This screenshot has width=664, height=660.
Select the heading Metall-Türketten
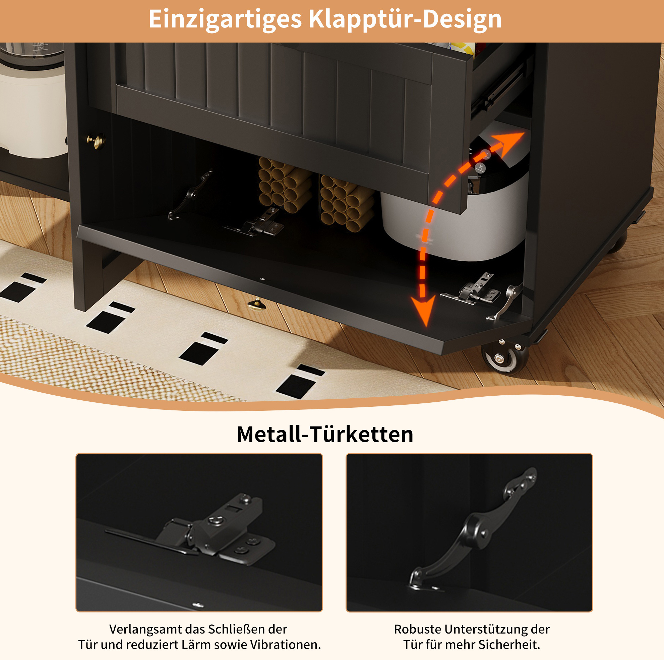click(325, 434)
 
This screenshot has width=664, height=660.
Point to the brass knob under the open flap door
click(256, 304)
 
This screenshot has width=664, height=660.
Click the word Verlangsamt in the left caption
click(146, 629)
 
